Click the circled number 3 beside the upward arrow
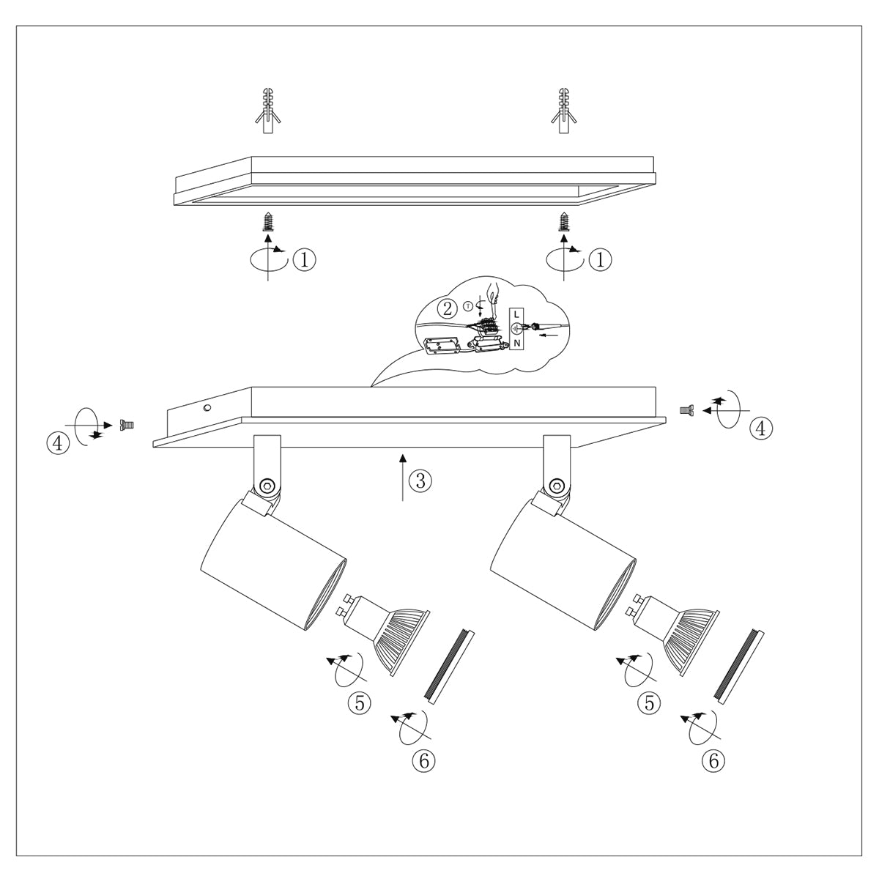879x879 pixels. coord(420,481)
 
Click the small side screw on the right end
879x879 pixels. coord(686,411)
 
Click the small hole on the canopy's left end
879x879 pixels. coord(207,407)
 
